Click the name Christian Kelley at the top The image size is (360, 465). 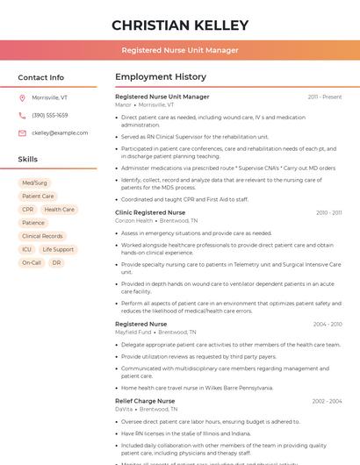[180, 25]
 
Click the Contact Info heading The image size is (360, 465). [40, 77]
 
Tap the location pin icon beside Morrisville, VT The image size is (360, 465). [22, 97]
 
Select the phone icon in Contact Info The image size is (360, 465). [22, 115]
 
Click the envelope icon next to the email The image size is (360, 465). [22, 132]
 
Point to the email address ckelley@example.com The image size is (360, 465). [60, 132]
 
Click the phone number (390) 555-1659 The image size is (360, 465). [50, 115]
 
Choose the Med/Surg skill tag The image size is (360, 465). [35, 183]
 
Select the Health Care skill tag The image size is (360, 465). [59, 210]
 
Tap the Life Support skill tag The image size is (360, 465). [58, 249]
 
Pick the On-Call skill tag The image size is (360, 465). [32, 262]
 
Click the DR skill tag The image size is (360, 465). [56, 262]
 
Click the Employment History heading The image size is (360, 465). [161, 77]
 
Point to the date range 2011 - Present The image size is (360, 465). [325, 97]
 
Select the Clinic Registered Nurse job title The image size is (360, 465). [150, 212]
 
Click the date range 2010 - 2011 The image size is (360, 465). [328, 212]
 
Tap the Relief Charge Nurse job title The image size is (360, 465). [145, 401]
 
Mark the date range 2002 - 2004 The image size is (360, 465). [327, 401]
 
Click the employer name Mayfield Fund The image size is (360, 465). [133, 333]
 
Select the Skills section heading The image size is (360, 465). [28, 159]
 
